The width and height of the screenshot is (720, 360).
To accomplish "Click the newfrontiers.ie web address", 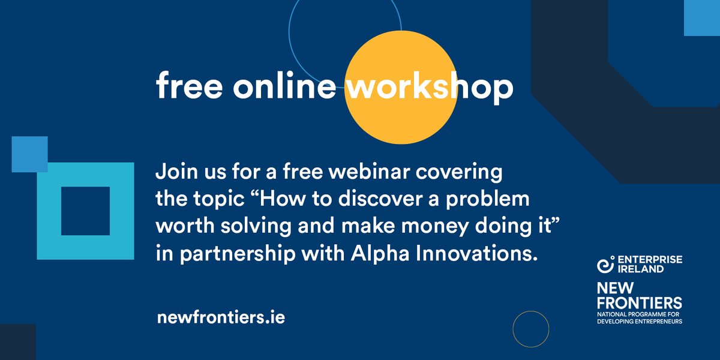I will point(220,317).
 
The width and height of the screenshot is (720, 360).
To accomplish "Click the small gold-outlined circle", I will point(531,329).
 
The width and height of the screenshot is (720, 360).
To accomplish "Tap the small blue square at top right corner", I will point(702,18).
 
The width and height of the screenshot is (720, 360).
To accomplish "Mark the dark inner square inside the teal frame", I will point(85,211).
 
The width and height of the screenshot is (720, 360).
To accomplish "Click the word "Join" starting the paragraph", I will point(175,172).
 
